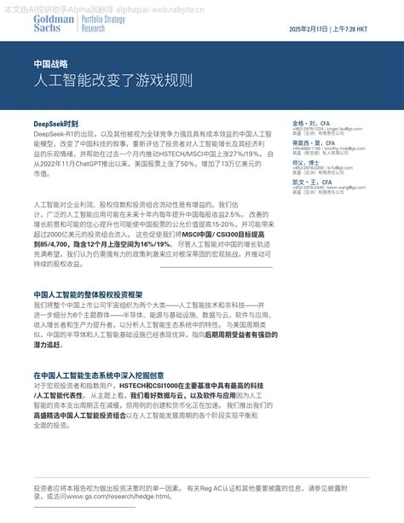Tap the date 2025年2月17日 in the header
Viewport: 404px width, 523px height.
(309, 29)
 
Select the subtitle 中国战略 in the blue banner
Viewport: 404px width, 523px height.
(50, 64)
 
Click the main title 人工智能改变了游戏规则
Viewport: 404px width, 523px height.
(113, 81)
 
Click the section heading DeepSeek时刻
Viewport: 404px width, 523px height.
(56, 124)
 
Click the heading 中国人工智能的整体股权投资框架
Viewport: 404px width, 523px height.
(94, 294)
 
